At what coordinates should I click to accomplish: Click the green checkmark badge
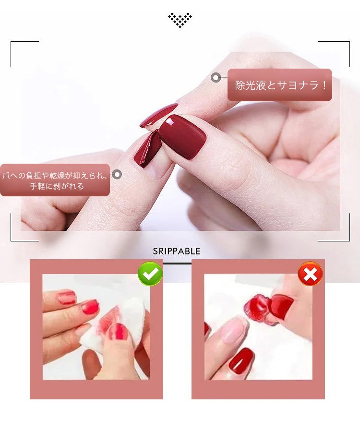150,274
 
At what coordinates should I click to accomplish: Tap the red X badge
310,274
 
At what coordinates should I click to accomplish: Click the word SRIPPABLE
177,251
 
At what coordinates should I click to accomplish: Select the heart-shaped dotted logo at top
180,20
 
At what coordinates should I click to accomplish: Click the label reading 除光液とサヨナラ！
279,85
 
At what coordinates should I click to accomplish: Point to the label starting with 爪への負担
55,180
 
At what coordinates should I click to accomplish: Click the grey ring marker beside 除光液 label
216,78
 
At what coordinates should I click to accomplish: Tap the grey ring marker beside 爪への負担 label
117,174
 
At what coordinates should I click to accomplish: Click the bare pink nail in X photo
235,330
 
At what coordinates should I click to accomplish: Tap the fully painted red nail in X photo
241,361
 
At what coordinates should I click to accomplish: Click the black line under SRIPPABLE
177,264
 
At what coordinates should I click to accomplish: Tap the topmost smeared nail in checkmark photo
67,297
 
